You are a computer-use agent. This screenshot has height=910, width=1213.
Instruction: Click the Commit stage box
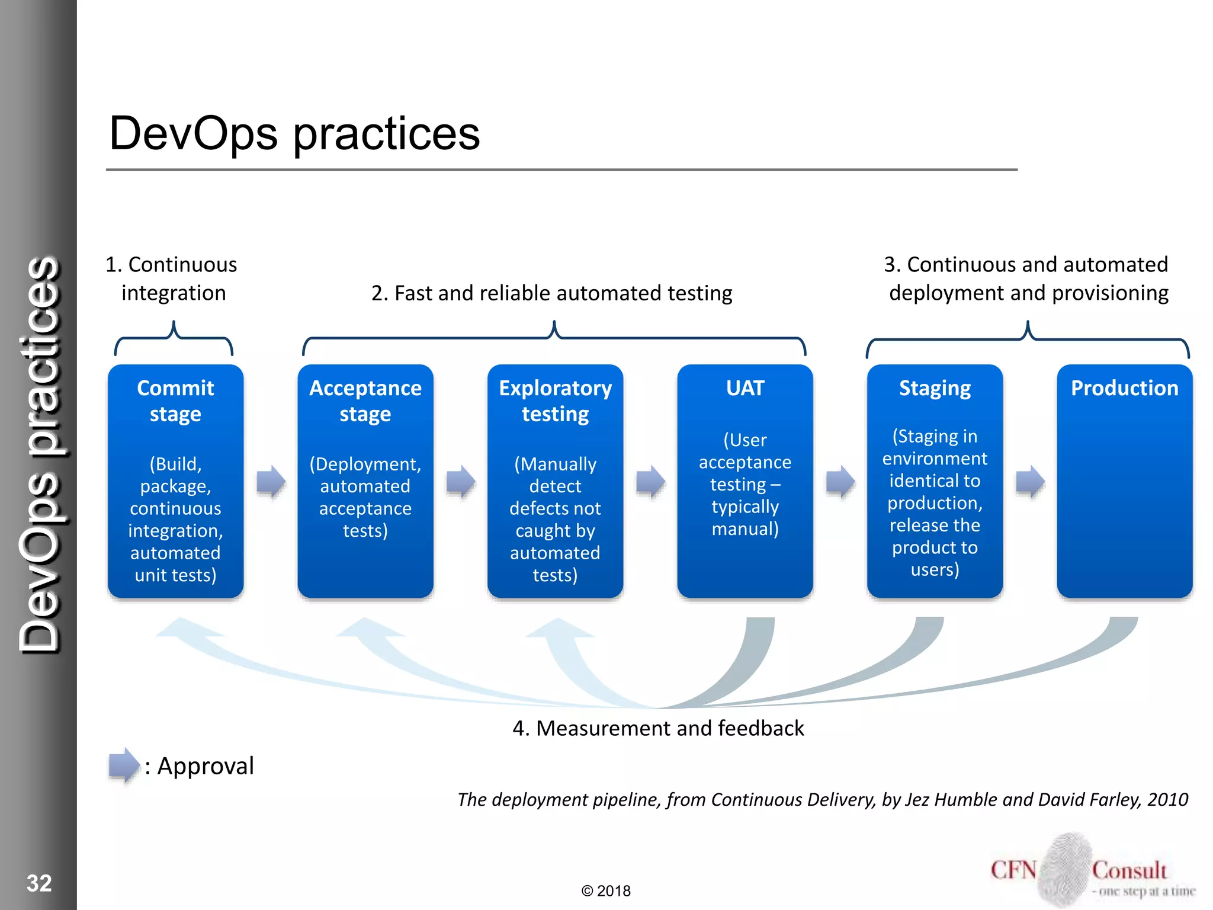coord(175,481)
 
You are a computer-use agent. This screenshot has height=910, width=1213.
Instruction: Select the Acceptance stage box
coord(365,481)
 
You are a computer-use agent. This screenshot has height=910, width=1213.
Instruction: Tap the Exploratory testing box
coord(555,481)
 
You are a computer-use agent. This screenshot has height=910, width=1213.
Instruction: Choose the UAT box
coord(745,481)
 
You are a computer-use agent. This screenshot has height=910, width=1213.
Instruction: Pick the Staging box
coord(935,481)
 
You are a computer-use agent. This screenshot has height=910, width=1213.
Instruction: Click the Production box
coord(1124,481)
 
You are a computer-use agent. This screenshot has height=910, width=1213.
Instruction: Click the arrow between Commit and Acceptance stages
coord(271,481)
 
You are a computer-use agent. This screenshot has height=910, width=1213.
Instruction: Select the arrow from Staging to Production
coord(1030,481)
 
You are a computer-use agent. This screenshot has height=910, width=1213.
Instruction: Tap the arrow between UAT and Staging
coord(840,481)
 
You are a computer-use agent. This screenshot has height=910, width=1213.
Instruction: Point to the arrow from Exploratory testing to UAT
coord(650,481)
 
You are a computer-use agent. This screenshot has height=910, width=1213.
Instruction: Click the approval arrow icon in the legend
coord(124,765)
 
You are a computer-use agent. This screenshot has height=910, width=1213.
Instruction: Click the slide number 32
coord(39,883)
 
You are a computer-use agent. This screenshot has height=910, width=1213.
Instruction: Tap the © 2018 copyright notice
coord(606,891)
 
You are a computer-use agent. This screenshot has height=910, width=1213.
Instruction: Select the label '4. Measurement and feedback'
coord(658,728)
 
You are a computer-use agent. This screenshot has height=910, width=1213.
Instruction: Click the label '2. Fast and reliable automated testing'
coord(551,293)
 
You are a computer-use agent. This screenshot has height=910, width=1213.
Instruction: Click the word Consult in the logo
coord(1129,870)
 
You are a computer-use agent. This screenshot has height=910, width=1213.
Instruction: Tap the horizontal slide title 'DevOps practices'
coord(294,134)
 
